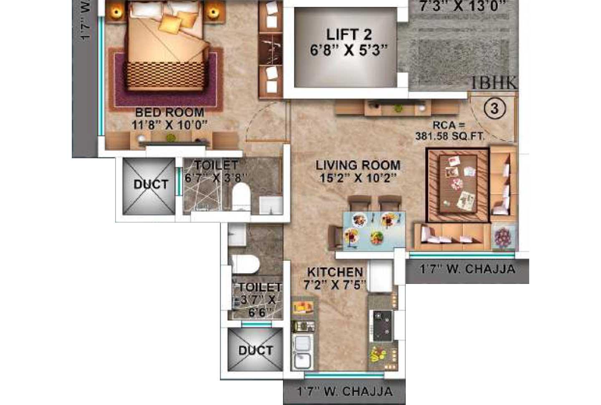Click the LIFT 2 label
(x=348, y=34)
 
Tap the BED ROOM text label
(x=169, y=112)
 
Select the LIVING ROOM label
(x=358, y=165)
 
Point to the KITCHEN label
(x=335, y=272)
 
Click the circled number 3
(x=495, y=108)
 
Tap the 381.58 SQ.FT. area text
(x=450, y=136)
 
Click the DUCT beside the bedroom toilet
(x=151, y=184)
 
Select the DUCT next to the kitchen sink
(x=255, y=350)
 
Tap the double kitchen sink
(x=302, y=352)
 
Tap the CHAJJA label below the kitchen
(x=345, y=391)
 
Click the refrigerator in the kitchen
(x=380, y=276)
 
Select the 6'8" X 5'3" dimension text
(x=348, y=51)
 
